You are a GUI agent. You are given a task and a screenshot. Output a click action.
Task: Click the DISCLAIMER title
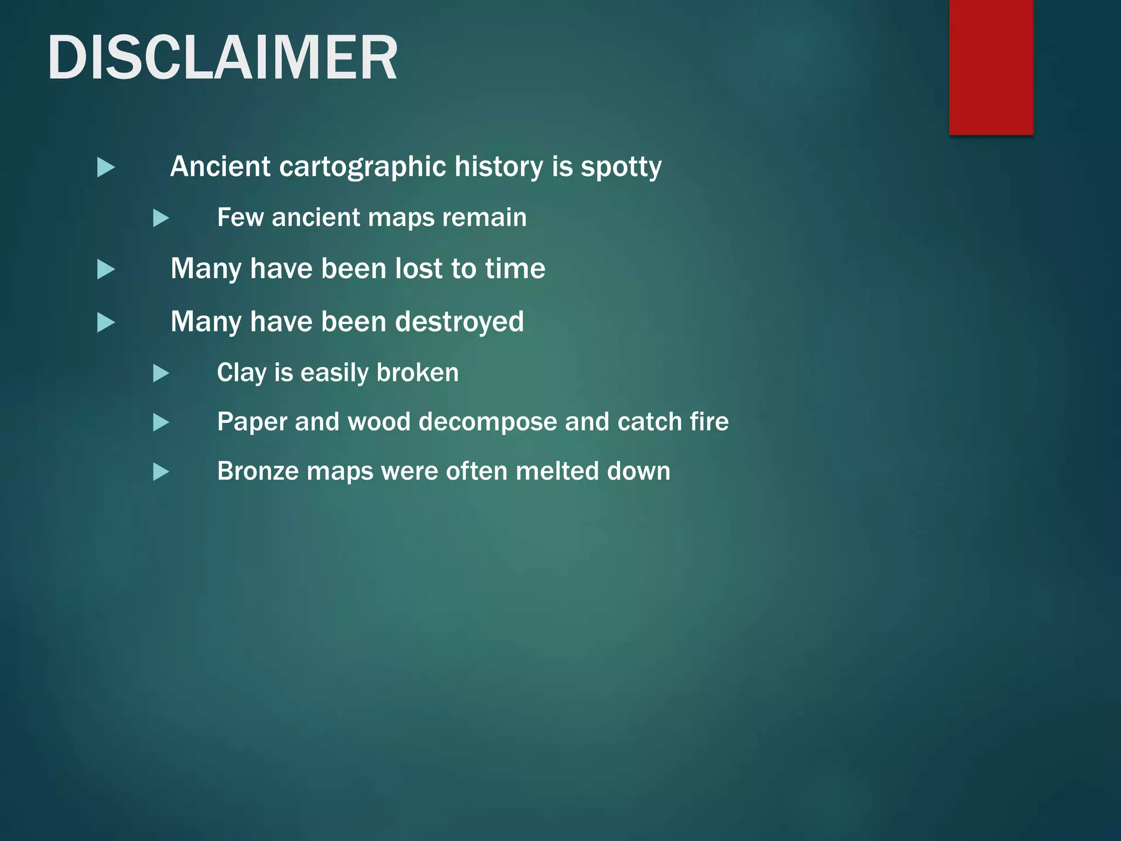pos(222,58)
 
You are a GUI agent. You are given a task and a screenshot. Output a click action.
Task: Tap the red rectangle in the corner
pos(991,67)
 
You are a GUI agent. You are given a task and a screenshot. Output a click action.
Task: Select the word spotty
pos(621,168)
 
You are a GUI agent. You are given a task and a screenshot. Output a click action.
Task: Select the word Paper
pos(252,422)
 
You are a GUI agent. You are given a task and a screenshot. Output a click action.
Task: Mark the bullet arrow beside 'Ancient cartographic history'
pos(106,167)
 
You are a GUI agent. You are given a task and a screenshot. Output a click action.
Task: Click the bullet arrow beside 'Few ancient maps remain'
pos(160,218)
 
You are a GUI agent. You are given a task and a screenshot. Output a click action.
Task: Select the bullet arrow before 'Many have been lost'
pos(106,269)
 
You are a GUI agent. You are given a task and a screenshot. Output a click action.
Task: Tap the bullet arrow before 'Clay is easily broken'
pos(160,373)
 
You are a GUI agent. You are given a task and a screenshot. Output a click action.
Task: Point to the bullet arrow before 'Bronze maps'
pos(160,471)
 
